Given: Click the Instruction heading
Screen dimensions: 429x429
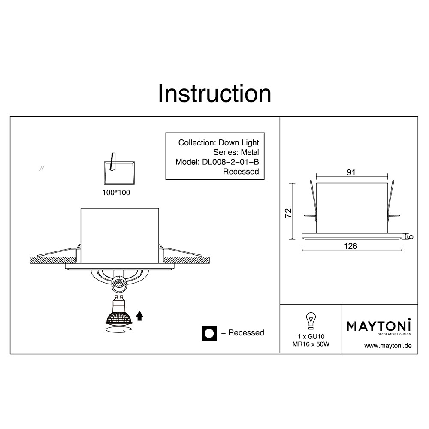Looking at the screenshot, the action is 214,94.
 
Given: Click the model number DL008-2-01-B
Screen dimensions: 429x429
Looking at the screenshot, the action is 230,162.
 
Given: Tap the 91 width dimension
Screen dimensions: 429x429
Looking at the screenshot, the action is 351,172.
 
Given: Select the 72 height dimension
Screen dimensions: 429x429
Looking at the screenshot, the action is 288,213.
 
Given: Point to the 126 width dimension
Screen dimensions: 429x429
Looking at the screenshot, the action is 350,246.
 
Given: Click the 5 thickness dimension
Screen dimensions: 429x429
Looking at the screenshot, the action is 411,236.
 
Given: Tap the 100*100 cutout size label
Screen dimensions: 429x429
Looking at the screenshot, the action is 116,193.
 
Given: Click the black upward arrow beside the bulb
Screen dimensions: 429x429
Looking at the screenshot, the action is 139,315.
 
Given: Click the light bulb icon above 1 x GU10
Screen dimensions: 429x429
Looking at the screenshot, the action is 311,320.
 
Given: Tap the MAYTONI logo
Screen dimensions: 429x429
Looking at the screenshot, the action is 379,326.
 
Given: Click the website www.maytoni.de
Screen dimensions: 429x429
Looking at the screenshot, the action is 388,346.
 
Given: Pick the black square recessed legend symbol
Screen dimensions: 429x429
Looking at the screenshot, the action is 209,333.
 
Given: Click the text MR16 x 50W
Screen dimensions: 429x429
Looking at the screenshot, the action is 311,344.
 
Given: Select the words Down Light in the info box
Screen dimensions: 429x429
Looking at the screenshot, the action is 239,142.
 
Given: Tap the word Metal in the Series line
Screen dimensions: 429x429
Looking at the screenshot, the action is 250,152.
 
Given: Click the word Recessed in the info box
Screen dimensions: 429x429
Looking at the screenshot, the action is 241,172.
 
